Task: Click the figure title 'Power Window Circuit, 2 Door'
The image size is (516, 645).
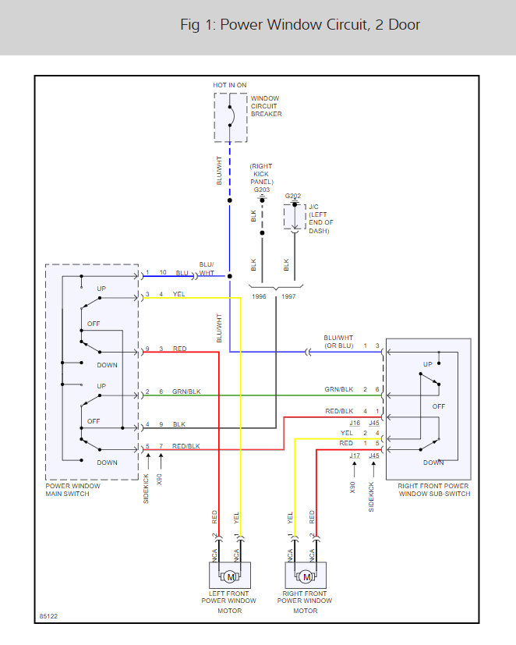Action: point(300,25)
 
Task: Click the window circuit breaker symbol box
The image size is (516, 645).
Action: point(230,117)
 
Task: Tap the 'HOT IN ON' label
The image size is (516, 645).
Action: point(230,85)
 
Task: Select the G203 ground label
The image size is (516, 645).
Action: point(261,190)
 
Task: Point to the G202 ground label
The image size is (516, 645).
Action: point(293,197)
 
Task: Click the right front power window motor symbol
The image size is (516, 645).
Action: point(306,576)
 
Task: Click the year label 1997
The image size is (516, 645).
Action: point(288,296)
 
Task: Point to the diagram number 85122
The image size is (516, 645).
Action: point(48,616)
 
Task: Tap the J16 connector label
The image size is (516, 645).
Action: point(355,422)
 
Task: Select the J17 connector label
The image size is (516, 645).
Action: point(355,455)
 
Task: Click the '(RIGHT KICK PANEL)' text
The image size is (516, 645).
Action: point(261,174)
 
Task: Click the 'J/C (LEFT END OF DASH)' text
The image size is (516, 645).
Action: point(320,219)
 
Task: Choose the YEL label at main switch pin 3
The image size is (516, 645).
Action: point(178,294)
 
